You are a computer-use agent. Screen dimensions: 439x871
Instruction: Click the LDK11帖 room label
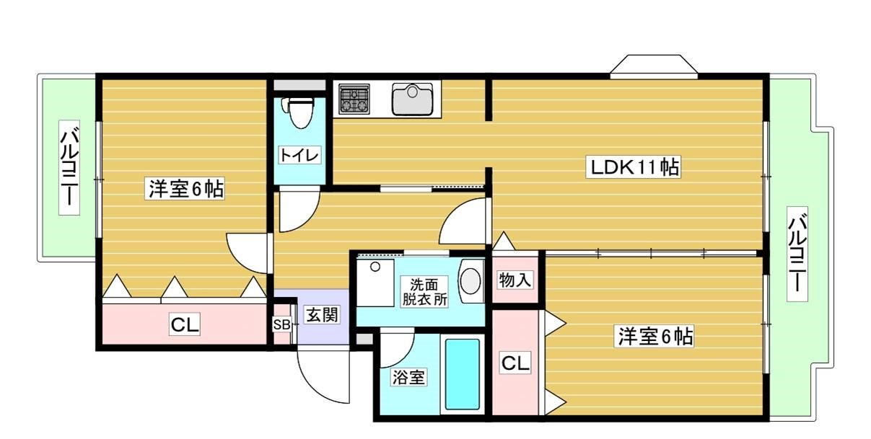(x=634, y=167)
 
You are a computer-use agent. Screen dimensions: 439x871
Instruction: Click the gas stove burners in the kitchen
(x=354, y=99)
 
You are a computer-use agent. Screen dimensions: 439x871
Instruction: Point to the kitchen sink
(x=413, y=99)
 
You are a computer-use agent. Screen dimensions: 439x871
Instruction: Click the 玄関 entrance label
(x=321, y=315)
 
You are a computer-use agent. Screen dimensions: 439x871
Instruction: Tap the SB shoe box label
(x=281, y=324)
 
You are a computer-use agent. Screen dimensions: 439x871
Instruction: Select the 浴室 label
(x=408, y=377)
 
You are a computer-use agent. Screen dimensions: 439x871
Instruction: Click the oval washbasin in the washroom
(x=470, y=281)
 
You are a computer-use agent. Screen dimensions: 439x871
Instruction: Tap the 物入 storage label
(x=515, y=280)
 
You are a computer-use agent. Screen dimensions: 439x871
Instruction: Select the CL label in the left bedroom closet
(x=185, y=325)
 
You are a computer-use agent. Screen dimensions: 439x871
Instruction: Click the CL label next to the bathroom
(x=515, y=363)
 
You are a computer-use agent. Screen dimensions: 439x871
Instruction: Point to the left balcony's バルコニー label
(x=69, y=167)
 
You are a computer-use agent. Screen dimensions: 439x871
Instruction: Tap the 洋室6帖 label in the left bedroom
(x=185, y=190)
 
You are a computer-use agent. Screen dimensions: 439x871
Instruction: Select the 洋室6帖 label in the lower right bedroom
(x=655, y=337)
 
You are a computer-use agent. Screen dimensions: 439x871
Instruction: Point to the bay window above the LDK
(x=654, y=65)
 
